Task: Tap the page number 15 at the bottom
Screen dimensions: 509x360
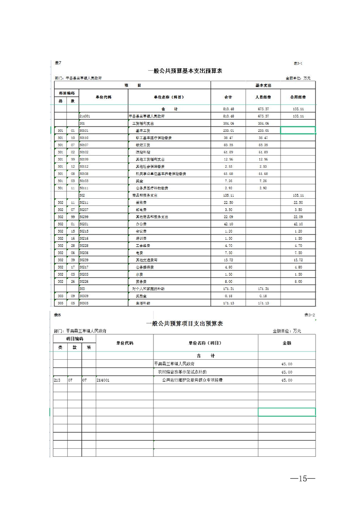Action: pos(299,479)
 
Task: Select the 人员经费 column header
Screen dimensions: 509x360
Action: pos(263,97)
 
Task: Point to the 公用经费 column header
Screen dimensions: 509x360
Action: pos(298,97)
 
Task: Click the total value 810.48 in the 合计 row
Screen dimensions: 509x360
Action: pos(228,109)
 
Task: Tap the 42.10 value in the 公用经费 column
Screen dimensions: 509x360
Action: pos(298,224)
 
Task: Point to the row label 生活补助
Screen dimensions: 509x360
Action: pos(142,303)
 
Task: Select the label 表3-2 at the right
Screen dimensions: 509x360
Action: pos(310,314)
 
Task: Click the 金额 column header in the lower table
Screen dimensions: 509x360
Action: pos(286,343)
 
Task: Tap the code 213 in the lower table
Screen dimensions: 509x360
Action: pos(57,380)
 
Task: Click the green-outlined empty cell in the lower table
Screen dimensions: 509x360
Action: pos(286,412)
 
